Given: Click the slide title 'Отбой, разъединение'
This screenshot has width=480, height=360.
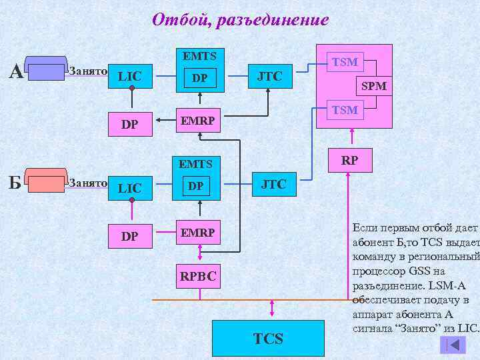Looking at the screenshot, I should [240, 20].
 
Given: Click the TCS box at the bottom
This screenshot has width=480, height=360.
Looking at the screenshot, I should [268, 339].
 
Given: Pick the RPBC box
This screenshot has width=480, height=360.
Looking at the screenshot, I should [197, 275].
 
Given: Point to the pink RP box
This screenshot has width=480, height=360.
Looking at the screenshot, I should [349, 159].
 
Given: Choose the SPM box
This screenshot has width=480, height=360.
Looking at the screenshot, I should [373, 85].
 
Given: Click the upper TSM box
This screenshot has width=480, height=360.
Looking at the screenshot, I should [345, 62].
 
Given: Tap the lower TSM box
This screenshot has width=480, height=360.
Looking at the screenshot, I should [345, 109].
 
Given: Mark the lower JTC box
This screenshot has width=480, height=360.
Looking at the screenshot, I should [273, 184].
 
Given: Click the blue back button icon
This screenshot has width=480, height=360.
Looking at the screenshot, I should [453, 345].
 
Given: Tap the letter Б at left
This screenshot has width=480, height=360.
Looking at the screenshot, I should [15, 182].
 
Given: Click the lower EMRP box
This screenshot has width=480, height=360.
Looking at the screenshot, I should [197, 233].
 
